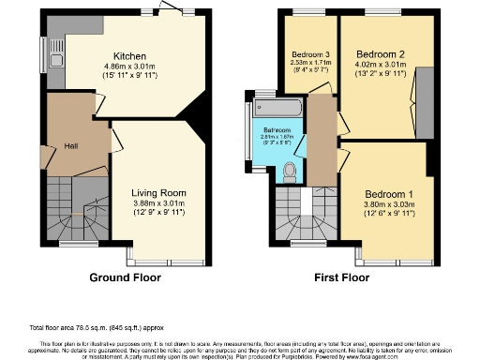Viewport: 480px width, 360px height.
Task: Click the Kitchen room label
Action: click(127, 54)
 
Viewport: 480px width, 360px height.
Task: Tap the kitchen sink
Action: click(52, 47)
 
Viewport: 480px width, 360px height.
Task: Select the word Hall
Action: click(70, 145)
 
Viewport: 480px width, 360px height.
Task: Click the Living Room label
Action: click(155, 193)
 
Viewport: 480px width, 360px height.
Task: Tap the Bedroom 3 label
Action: click(309, 52)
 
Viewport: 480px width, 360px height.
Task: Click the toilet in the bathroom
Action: click(290, 169)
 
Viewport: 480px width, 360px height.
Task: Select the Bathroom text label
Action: click(277, 129)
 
